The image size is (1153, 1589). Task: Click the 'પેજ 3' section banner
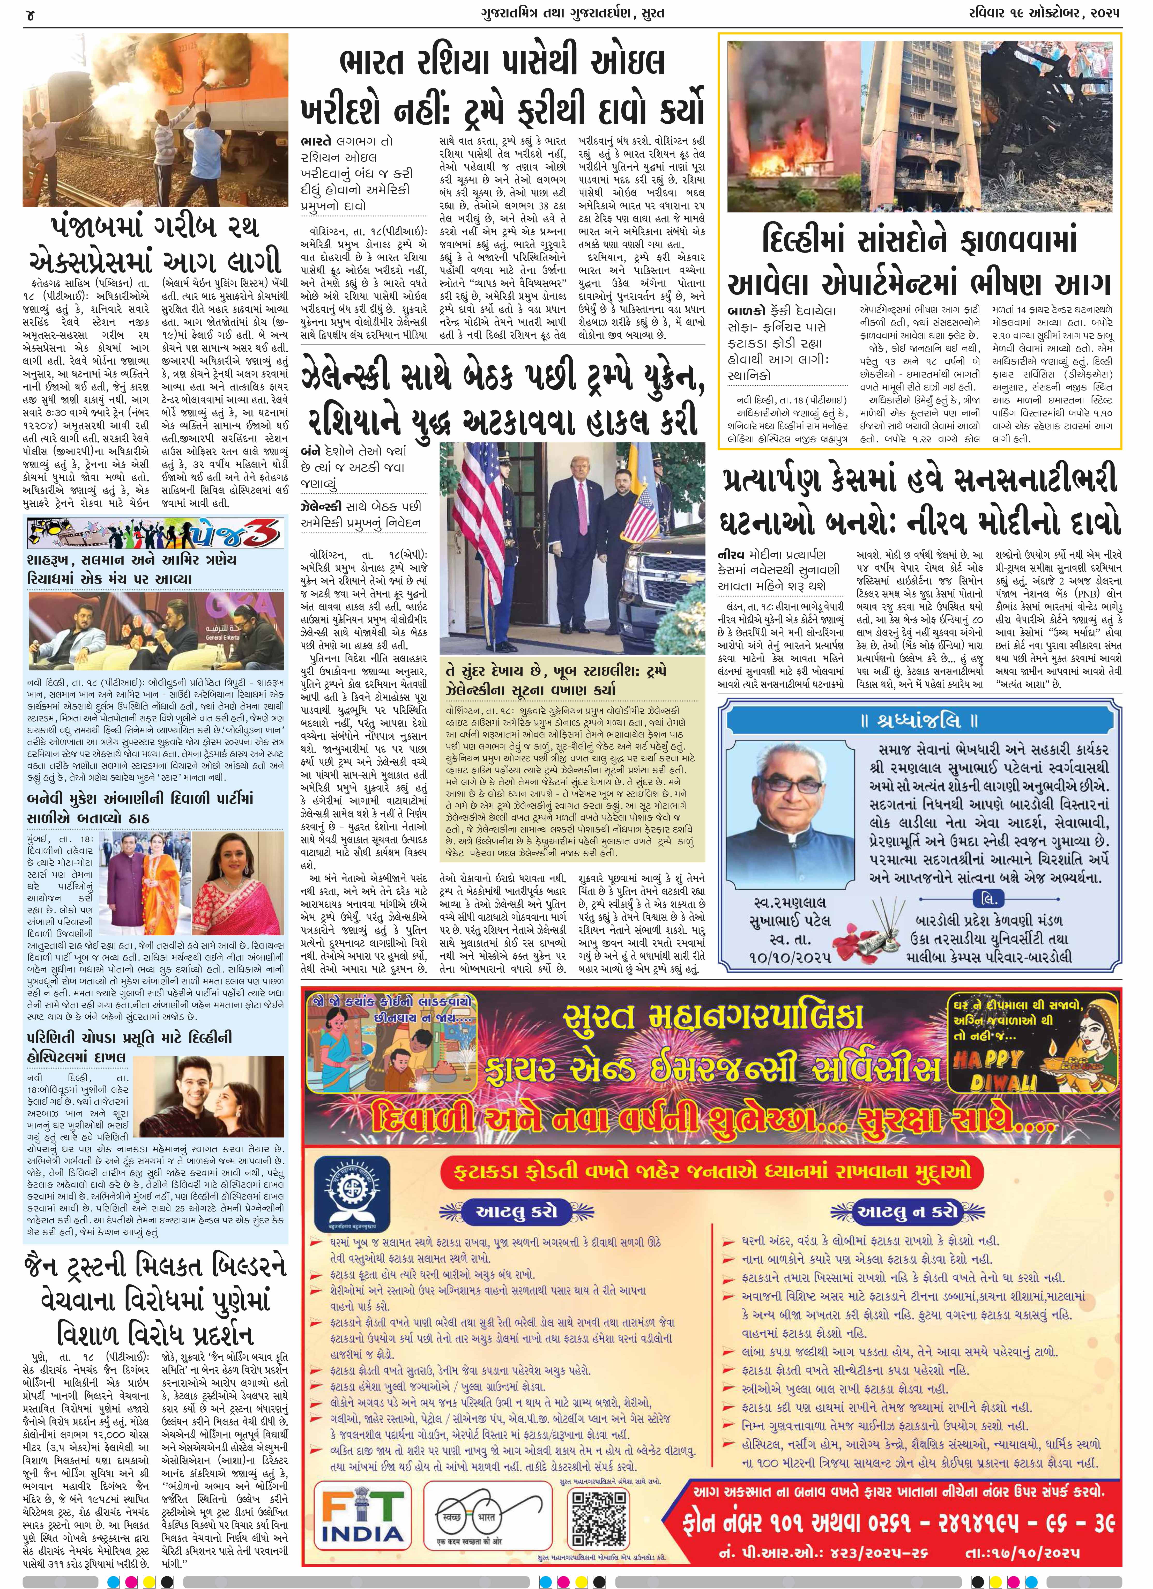coord(155,534)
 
